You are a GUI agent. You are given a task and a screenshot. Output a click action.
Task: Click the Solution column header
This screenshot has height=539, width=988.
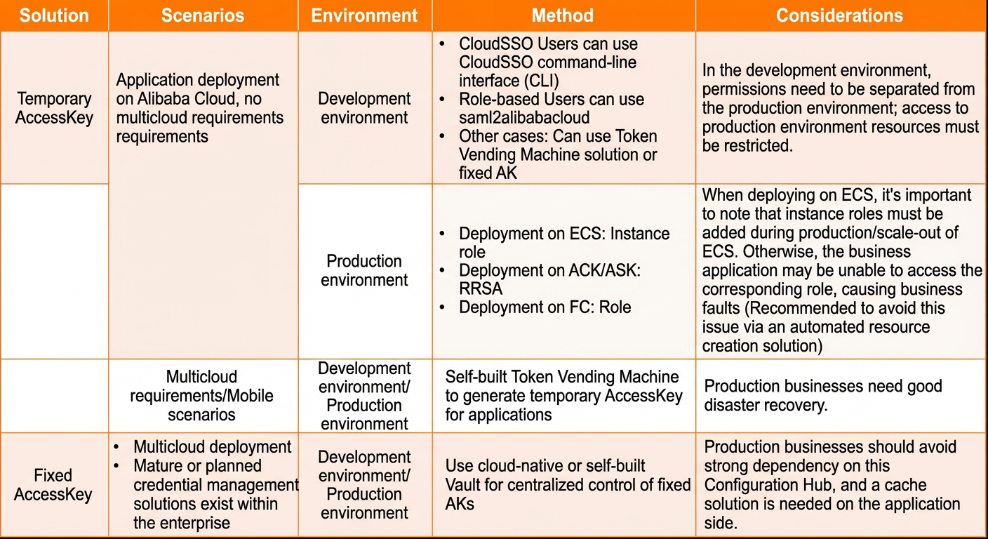click(x=54, y=15)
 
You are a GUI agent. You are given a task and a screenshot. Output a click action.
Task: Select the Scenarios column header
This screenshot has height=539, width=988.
click(x=203, y=15)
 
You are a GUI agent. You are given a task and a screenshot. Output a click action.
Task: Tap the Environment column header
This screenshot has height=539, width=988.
click(x=364, y=15)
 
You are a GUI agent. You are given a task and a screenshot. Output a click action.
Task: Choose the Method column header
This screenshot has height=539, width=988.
click(x=563, y=15)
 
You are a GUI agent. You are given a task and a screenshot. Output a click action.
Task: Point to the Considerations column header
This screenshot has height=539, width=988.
click(x=840, y=15)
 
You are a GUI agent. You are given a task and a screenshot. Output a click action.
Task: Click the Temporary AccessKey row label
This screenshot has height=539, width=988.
click(x=54, y=108)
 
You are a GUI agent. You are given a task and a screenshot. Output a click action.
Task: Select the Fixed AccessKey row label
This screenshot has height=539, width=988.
click(x=53, y=485)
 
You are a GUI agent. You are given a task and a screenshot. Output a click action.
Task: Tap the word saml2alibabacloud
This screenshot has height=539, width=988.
click(x=524, y=118)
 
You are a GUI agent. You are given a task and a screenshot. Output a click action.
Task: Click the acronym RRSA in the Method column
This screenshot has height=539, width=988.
click(x=481, y=288)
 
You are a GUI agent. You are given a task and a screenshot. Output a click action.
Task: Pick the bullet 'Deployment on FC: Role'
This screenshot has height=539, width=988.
click(x=545, y=307)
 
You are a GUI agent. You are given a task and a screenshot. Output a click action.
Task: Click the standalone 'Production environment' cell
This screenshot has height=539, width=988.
click(x=364, y=270)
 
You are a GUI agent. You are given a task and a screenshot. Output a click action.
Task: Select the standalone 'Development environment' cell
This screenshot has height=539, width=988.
click(x=364, y=108)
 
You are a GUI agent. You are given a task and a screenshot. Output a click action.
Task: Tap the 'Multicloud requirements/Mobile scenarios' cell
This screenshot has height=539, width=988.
click(x=201, y=396)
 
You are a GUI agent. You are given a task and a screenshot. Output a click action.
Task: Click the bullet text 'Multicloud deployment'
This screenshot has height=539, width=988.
click(x=212, y=447)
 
